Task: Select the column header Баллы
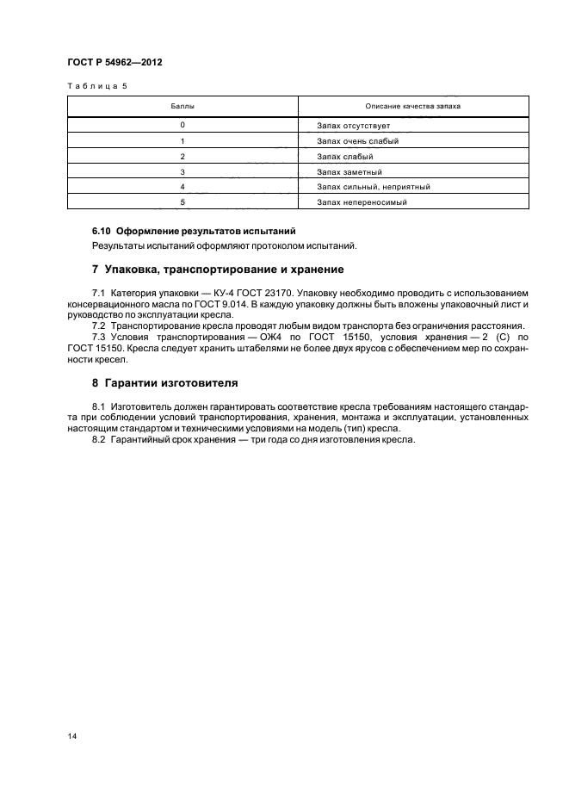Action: [x=182, y=106]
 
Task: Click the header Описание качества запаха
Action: [x=413, y=106]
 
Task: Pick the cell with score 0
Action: [x=182, y=126]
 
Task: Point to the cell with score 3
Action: [x=182, y=171]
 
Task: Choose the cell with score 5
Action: [x=182, y=202]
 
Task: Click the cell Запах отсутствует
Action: [x=354, y=126]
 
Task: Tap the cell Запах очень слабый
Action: [x=357, y=141]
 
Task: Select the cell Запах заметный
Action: [x=349, y=171]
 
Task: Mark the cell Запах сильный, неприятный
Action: [x=373, y=187]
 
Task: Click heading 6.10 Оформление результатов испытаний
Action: [x=194, y=232]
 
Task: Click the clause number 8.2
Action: [x=98, y=440]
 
